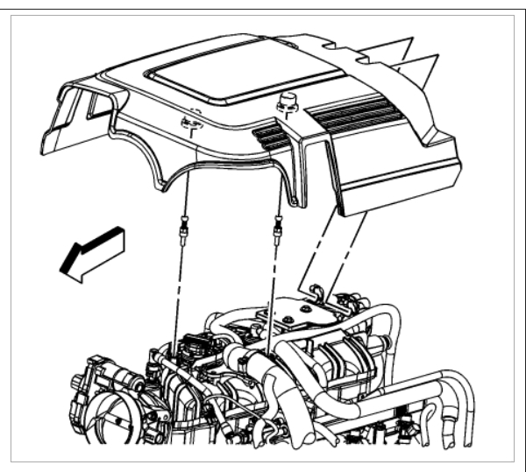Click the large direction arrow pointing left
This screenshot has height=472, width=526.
(x=91, y=254)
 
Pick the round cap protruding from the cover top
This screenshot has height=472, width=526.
(x=287, y=102)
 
